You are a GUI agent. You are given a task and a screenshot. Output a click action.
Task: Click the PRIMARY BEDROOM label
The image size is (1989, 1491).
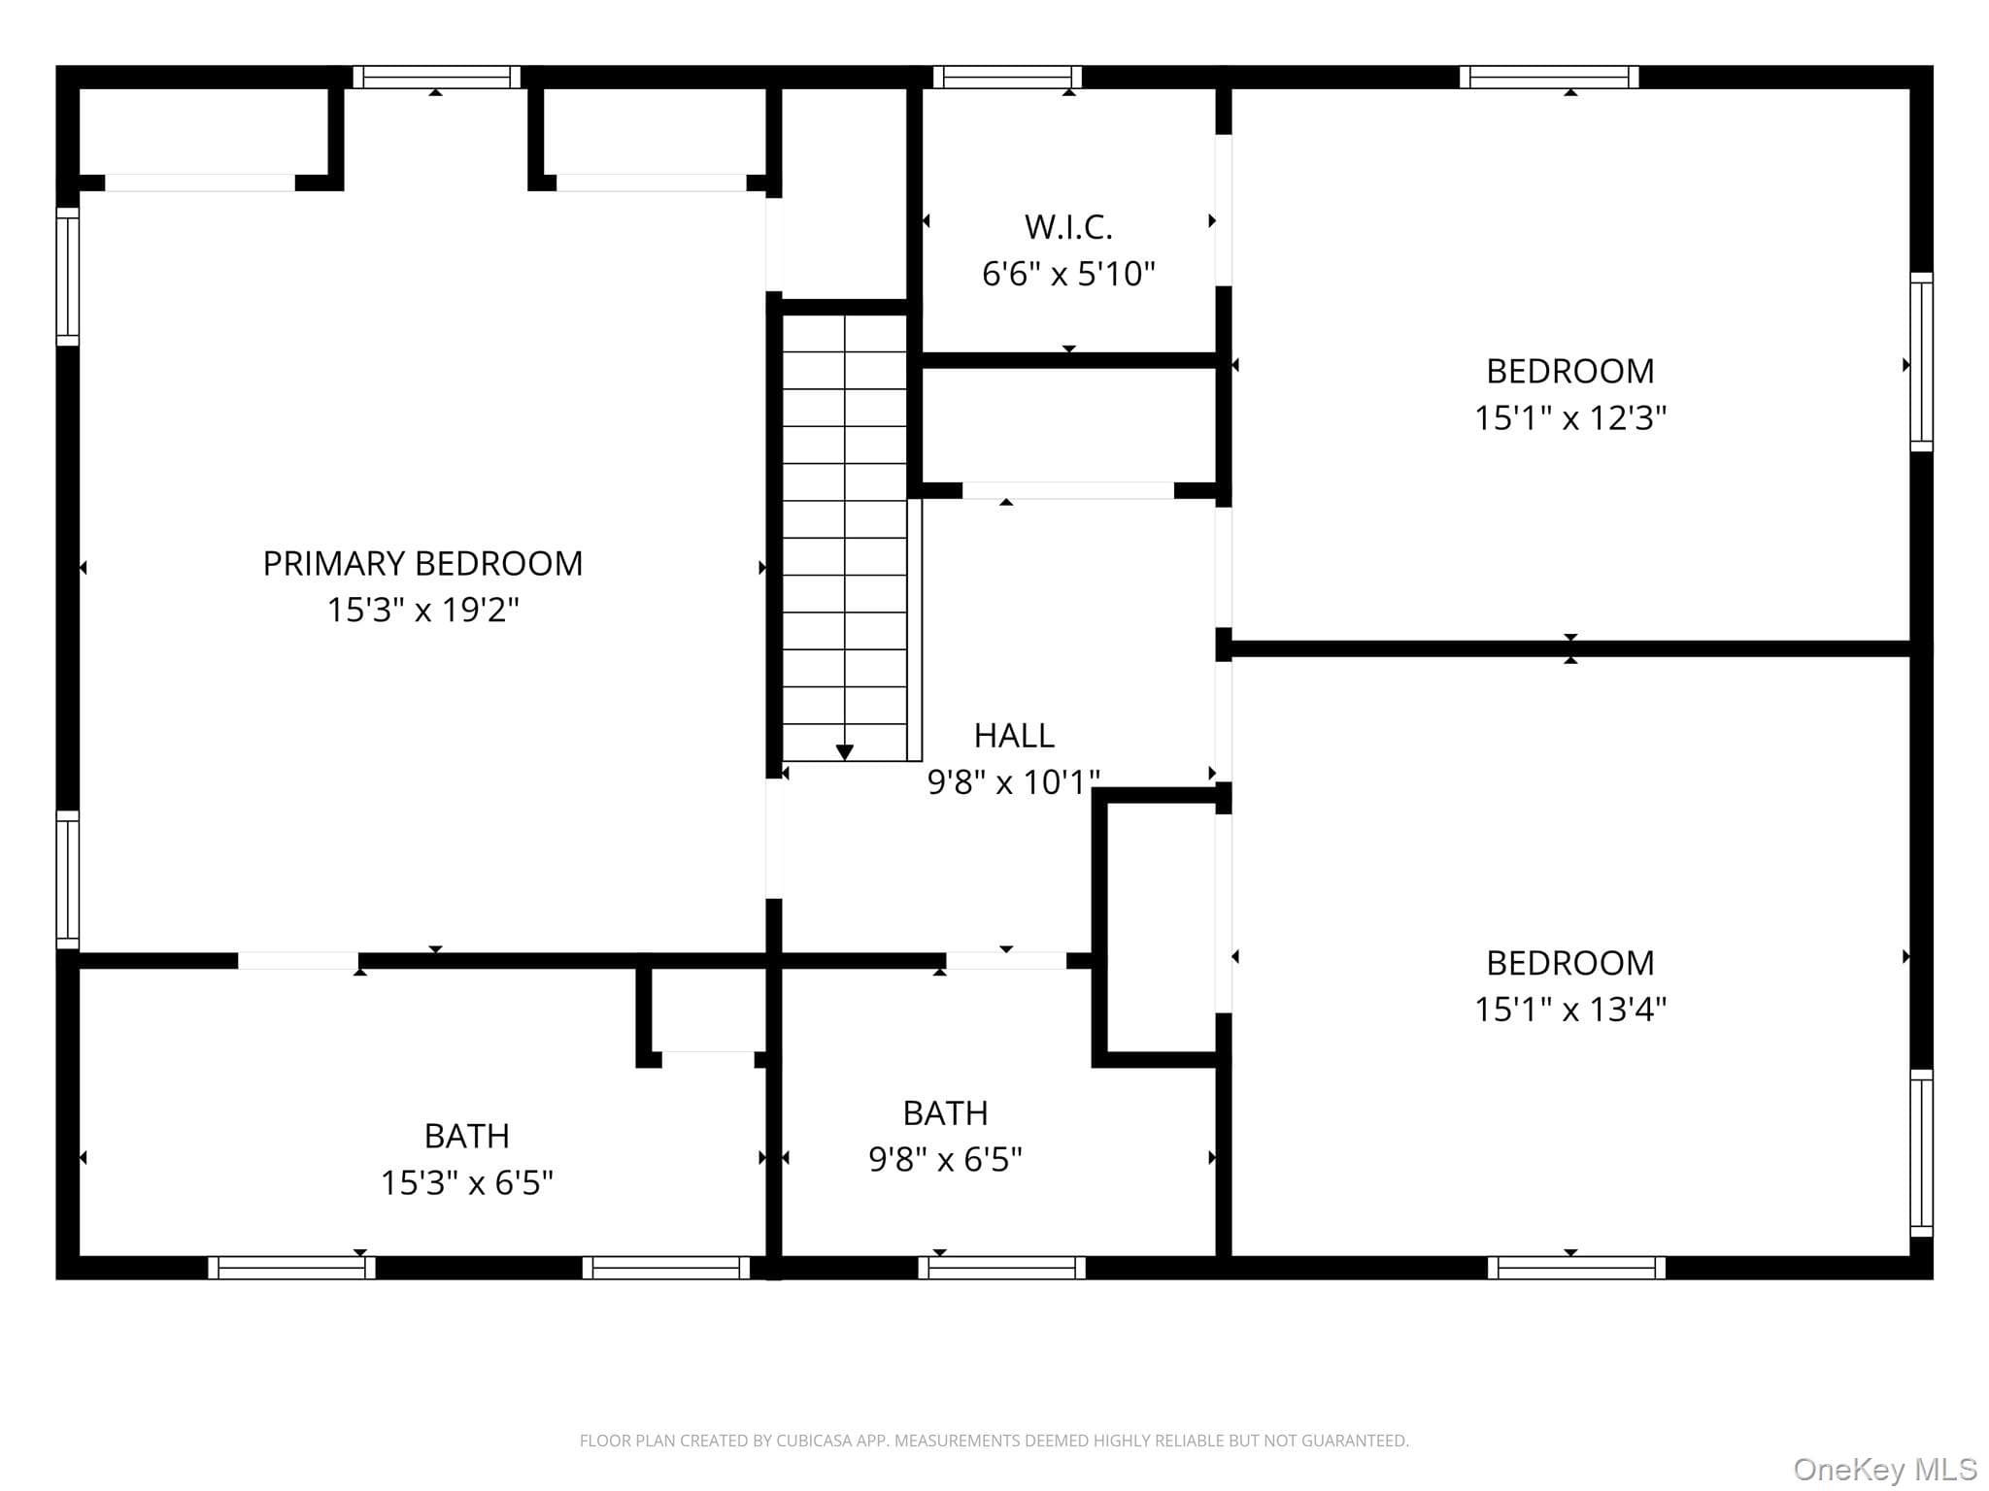coord(422,563)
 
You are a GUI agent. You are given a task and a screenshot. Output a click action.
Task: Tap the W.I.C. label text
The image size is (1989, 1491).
coord(1068,227)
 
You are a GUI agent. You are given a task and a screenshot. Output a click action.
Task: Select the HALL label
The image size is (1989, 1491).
coord(1014,736)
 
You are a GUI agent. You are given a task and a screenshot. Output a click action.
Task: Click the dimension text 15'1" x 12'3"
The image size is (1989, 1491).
coord(1570,417)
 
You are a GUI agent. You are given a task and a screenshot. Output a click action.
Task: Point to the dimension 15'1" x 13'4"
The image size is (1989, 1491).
coord(1570,1010)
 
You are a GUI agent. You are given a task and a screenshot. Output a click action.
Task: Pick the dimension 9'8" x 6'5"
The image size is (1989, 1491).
coord(945,1159)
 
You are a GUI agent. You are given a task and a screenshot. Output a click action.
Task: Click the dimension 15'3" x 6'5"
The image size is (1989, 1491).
coord(466,1182)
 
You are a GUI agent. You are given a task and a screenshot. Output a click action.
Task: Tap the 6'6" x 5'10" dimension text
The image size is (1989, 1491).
coord(1068,274)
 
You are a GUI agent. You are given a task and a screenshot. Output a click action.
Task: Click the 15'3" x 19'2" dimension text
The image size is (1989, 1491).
coord(422,610)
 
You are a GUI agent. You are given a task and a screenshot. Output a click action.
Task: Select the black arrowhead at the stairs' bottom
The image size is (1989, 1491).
coord(845,752)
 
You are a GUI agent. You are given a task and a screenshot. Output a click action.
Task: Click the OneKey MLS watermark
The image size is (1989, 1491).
coord(1885,1470)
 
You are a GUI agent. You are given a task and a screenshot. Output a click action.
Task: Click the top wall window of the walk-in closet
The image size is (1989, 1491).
coord(1007,77)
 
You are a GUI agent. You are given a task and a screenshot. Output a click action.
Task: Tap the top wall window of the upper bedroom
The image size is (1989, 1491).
coord(1549,77)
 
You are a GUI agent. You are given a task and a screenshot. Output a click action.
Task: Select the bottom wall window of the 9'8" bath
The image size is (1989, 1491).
coord(1001,1268)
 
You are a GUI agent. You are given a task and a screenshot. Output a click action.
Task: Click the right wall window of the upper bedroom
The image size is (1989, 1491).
coord(1922,362)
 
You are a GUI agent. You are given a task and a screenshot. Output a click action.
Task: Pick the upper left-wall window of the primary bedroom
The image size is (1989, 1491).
coord(67,276)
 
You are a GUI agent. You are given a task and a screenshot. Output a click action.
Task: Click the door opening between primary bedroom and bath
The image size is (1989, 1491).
coord(298,961)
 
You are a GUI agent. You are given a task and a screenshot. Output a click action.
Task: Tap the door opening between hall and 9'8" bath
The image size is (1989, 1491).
coord(1006,961)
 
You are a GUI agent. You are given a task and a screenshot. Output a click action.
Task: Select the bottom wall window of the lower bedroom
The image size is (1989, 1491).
coord(1576,1268)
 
